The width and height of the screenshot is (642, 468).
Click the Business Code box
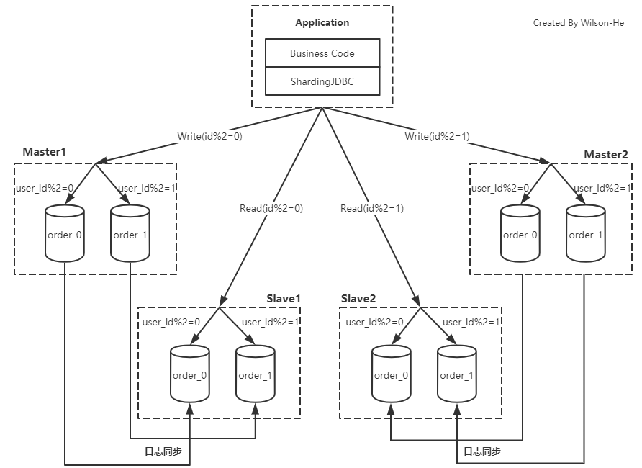coord(322,53)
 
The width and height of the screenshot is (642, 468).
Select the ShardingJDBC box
coord(322,81)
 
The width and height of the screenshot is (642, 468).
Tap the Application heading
coord(322,23)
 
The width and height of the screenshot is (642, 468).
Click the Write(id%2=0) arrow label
coord(210,135)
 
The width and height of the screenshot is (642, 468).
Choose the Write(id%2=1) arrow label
coord(437,135)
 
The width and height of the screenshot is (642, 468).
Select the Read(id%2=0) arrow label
coord(271,209)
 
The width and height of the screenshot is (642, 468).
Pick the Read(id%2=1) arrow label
coord(372,209)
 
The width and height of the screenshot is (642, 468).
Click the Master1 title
coord(44,153)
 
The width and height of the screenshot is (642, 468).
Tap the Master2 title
coord(605,155)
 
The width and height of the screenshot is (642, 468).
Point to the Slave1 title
coord(283,298)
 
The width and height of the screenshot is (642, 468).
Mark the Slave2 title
coord(358,298)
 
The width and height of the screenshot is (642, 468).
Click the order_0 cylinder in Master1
coord(64,234)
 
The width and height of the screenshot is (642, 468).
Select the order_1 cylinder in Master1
coord(130,234)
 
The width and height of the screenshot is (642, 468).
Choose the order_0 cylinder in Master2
coord(520,234)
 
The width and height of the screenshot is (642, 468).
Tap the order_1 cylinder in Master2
coord(585,234)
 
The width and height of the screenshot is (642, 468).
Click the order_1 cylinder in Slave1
coord(255,374)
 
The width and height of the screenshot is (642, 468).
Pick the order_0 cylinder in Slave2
coord(391,374)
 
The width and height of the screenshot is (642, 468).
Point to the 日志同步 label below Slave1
coord(163,452)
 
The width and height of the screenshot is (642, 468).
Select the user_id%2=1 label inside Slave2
coord(471,323)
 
